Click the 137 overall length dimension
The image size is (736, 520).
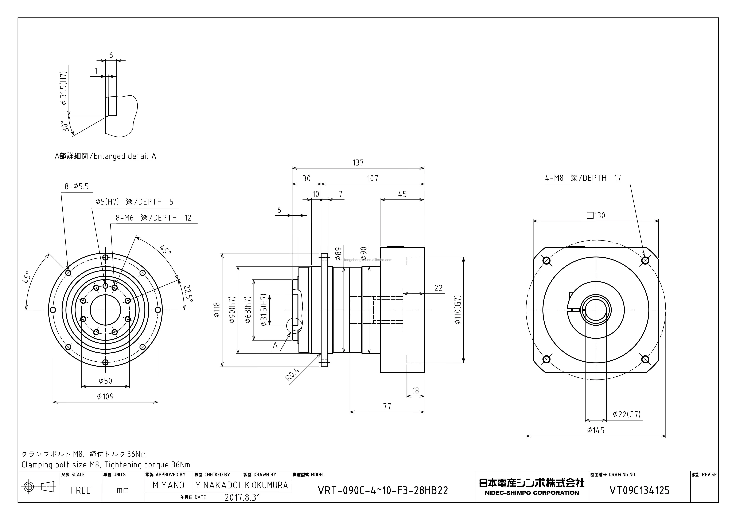click(x=358, y=163)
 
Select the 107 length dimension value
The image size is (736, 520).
click(x=373, y=178)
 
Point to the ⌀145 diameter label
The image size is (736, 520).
click(x=596, y=430)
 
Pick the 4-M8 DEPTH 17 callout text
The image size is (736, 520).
click(x=583, y=178)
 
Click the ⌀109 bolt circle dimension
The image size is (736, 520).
click(x=105, y=397)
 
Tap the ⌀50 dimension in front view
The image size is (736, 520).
click(x=105, y=381)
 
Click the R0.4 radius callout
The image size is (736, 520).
click(x=292, y=374)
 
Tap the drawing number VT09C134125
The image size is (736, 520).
click(x=639, y=491)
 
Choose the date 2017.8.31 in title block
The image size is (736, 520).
click(x=242, y=497)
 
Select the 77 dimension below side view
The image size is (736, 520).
click(x=387, y=406)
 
